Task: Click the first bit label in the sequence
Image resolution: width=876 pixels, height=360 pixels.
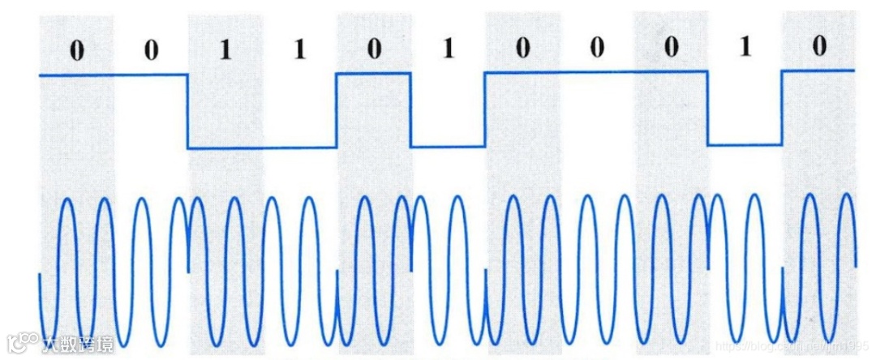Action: coord(76,50)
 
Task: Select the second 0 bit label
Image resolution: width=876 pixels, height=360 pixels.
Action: coord(151,50)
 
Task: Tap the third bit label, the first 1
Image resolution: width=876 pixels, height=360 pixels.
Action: coord(225,50)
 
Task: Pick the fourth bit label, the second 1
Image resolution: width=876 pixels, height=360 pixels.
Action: coord(299,50)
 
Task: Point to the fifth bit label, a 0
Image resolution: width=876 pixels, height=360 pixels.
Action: coord(373,50)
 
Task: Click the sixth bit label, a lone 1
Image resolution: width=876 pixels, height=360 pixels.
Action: coord(447,50)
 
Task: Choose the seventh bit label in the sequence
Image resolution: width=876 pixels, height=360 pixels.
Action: coord(522,50)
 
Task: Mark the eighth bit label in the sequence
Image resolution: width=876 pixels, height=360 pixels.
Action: coord(596,50)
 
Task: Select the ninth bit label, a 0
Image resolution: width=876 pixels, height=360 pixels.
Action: coord(670,50)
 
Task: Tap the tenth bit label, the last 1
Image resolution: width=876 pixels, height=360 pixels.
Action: coord(745,50)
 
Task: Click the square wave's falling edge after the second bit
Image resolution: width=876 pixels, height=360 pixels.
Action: coord(188,111)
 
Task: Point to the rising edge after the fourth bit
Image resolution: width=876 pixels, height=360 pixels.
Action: coord(337,111)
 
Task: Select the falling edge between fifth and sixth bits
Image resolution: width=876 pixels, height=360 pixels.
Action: coord(411,111)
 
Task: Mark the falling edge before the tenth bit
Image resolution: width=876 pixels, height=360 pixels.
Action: coord(708,109)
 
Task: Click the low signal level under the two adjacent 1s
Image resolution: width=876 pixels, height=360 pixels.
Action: coord(262,148)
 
